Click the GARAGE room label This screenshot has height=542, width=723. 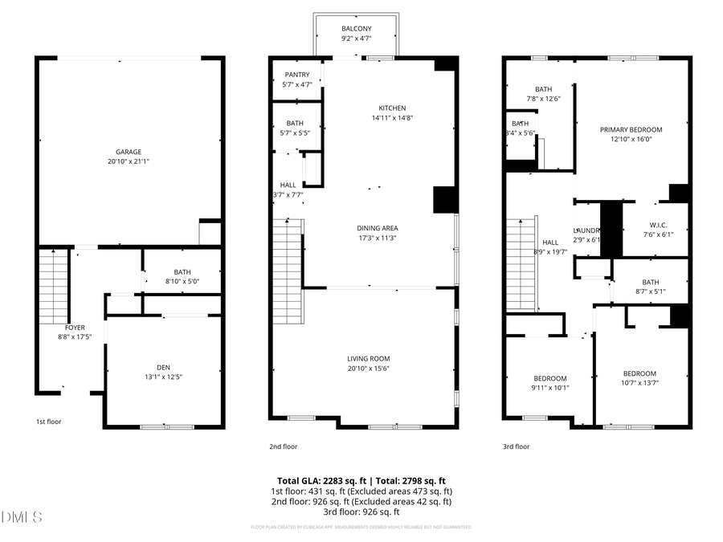[129, 152]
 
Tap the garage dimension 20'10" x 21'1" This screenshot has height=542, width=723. [129, 161]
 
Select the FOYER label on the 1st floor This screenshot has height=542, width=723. [75, 328]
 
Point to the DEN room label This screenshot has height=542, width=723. [164, 366]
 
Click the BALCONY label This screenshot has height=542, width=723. [357, 28]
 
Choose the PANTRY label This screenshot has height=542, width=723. [297, 75]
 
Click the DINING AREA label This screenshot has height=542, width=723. [378, 228]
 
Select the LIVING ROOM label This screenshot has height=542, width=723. [369, 359]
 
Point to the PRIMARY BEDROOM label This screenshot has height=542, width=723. [631, 129]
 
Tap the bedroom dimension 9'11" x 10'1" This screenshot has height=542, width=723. [550, 388]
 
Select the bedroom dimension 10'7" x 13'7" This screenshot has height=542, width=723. [639, 383]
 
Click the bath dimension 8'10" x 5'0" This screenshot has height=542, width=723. [181, 281]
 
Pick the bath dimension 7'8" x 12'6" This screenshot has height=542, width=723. [543, 99]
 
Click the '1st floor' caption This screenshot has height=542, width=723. [48, 422]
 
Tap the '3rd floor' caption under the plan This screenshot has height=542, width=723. [517, 446]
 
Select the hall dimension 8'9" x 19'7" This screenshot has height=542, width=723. [549, 252]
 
